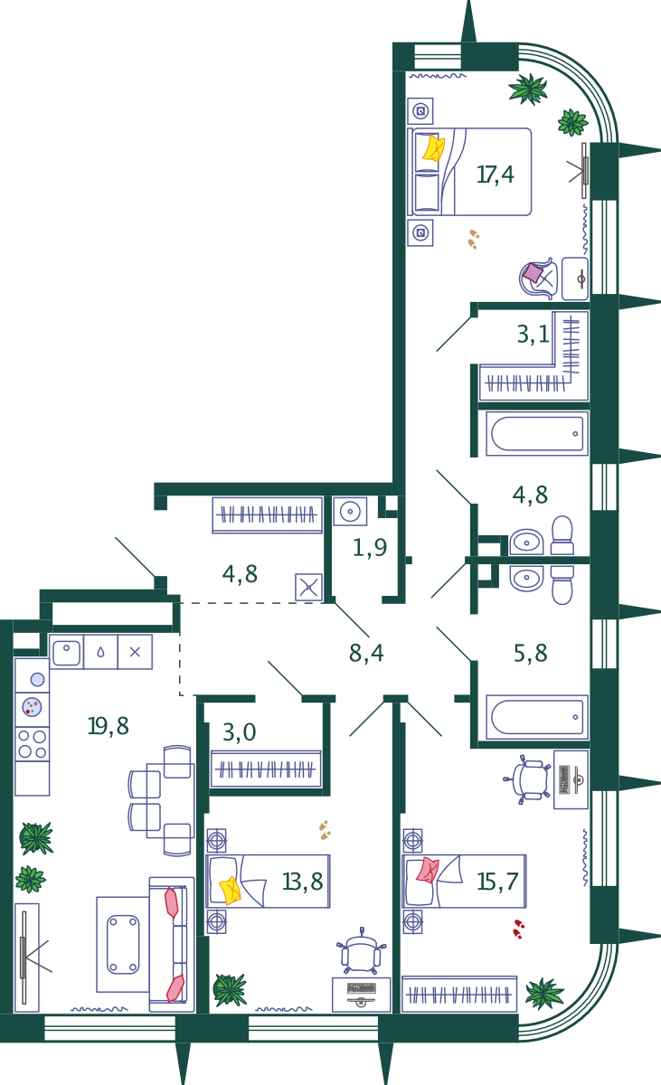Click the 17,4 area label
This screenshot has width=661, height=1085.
tap(495, 175)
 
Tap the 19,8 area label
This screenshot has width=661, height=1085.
tap(108, 726)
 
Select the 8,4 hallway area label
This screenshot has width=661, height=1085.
tap(366, 653)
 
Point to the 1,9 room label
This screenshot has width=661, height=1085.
tap(370, 547)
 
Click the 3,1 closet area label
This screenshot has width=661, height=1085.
tap(534, 335)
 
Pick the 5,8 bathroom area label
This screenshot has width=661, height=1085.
tap(531, 653)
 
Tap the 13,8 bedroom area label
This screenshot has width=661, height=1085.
tap(303, 882)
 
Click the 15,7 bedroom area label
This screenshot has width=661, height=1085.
tap(498, 882)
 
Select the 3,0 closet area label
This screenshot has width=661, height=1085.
tap(240, 731)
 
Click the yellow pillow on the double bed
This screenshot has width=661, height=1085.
tap(433, 148)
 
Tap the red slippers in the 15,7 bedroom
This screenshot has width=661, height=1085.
tap(519, 929)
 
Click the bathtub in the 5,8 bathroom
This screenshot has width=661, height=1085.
tap(537, 717)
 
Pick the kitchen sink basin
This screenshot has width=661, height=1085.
tap(66, 653)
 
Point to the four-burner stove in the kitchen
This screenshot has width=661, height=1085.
tap(32, 744)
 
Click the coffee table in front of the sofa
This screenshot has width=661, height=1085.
tap(123, 945)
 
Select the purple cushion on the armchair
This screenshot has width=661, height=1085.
tap(533, 272)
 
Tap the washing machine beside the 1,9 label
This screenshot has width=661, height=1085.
tap(350, 512)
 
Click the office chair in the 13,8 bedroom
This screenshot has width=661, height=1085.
tap(362, 951)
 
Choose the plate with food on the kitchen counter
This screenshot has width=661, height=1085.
tap(32, 707)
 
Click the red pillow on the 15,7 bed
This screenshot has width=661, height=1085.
tap(428, 870)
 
